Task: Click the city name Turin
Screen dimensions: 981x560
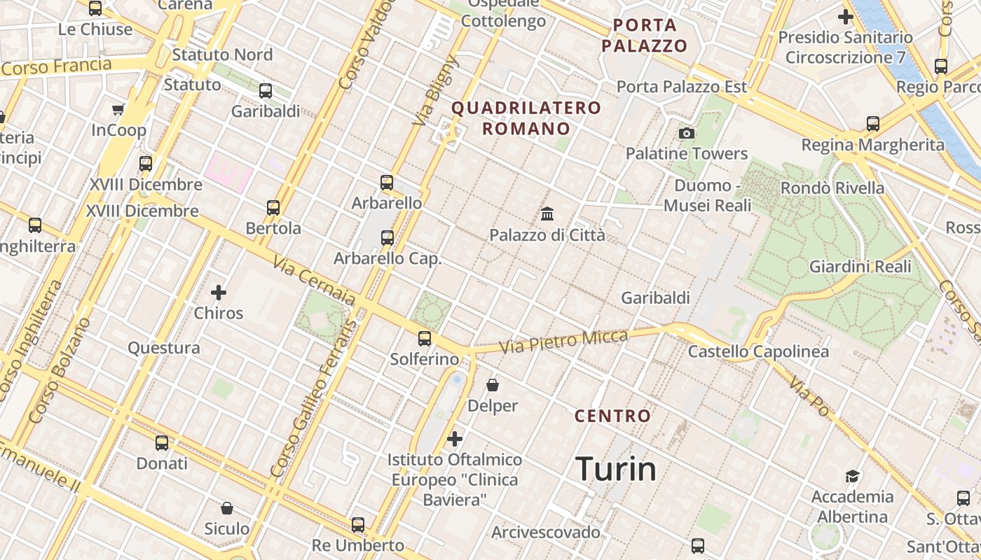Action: click(x=616, y=468)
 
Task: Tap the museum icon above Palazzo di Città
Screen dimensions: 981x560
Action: click(x=547, y=213)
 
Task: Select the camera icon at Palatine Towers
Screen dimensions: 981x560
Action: click(x=687, y=133)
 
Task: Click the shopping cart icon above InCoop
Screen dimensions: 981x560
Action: click(x=118, y=109)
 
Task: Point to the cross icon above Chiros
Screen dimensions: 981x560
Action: click(x=219, y=292)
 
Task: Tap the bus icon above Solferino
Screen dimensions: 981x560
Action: click(x=425, y=339)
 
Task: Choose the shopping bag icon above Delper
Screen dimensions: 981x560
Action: click(x=493, y=385)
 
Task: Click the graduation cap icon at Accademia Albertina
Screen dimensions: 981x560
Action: click(x=852, y=477)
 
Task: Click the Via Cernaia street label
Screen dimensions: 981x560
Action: click(x=315, y=283)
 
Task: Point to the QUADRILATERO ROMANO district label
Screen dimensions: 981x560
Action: click(x=526, y=118)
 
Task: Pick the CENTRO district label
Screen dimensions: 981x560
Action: click(x=613, y=416)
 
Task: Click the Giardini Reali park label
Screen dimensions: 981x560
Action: click(x=860, y=267)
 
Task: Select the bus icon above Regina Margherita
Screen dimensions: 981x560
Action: click(x=873, y=124)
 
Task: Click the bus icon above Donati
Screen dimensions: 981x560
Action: click(x=162, y=443)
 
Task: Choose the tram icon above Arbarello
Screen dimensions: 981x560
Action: click(x=387, y=183)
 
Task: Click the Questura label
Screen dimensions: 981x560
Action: click(x=164, y=348)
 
